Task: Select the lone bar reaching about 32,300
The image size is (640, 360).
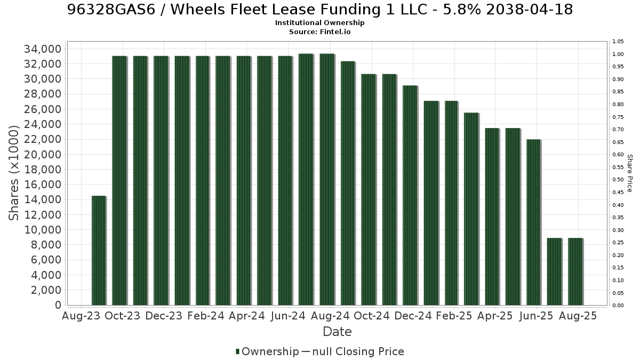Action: pos(348,183)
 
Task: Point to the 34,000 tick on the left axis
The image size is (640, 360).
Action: pos(43,49)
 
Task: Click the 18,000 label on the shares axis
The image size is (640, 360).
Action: pos(43,170)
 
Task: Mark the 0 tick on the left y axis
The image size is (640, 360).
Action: pos(58,305)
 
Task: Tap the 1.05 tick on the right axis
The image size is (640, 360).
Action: pos(618,42)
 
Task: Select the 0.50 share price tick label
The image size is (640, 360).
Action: pos(618,180)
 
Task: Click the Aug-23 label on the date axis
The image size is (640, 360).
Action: pos(81,316)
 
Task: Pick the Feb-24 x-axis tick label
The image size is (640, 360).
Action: pos(206,316)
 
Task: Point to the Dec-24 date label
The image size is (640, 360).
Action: pos(413,316)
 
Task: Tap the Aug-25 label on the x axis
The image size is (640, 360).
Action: pos(578,316)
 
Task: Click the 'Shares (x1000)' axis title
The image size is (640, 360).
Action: pos(13,173)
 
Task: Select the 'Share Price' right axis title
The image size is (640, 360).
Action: pos(630,173)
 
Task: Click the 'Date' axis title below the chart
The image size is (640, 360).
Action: pos(337,332)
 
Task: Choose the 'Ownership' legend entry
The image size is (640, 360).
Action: pos(267,351)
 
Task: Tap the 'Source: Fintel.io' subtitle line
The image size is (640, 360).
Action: pos(319,31)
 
